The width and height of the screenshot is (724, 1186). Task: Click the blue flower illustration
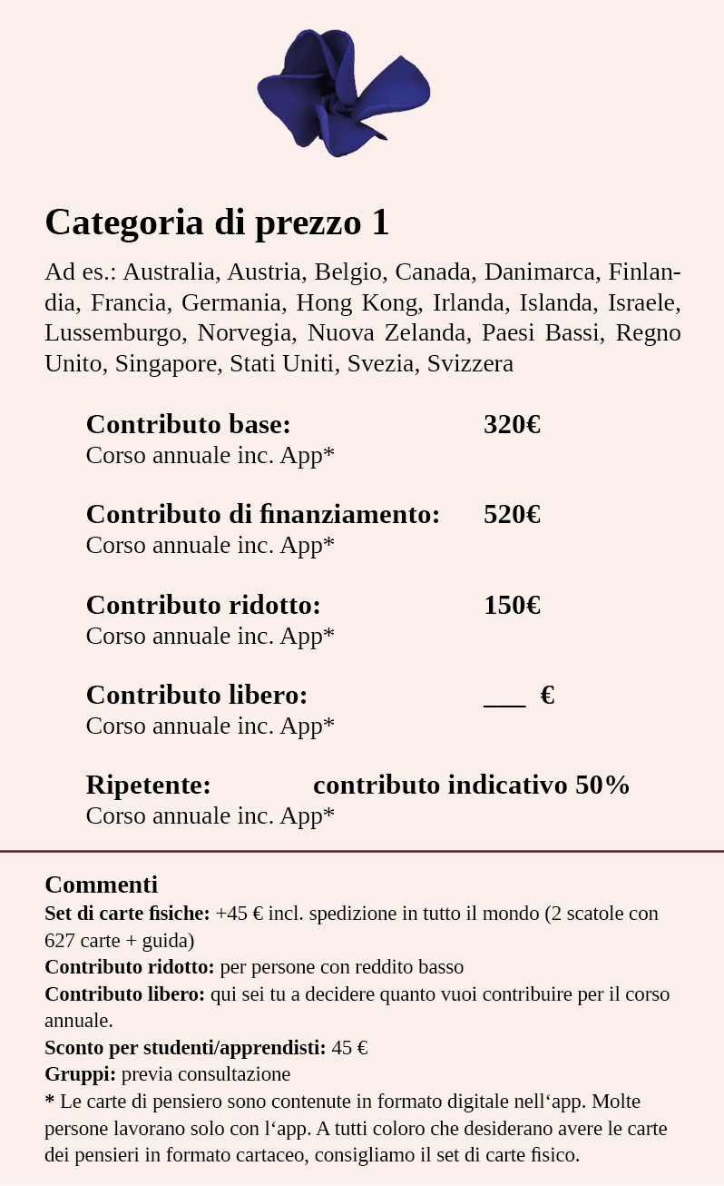(343, 92)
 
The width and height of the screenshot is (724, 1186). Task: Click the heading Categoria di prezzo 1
(217, 222)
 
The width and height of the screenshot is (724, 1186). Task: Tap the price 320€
(512, 425)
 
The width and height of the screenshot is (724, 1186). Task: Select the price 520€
(512, 515)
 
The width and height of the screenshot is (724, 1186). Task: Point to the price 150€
(512, 606)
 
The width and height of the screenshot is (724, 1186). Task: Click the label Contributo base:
(188, 425)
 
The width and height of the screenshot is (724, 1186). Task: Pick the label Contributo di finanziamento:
(262, 515)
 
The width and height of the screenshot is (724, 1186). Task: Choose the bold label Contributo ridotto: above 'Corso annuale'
(203, 606)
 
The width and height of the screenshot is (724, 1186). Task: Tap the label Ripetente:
(148, 786)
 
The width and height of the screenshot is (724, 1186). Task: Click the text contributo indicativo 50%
(471, 786)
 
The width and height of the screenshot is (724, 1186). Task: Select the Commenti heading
(101, 885)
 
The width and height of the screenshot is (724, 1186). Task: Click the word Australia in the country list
(171, 272)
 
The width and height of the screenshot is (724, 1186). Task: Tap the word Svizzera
(470, 364)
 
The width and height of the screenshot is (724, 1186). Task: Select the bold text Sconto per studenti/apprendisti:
(185, 1048)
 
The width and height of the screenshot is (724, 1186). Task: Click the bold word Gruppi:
(80, 1074)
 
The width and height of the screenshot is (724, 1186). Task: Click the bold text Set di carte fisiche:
(127, 914)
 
